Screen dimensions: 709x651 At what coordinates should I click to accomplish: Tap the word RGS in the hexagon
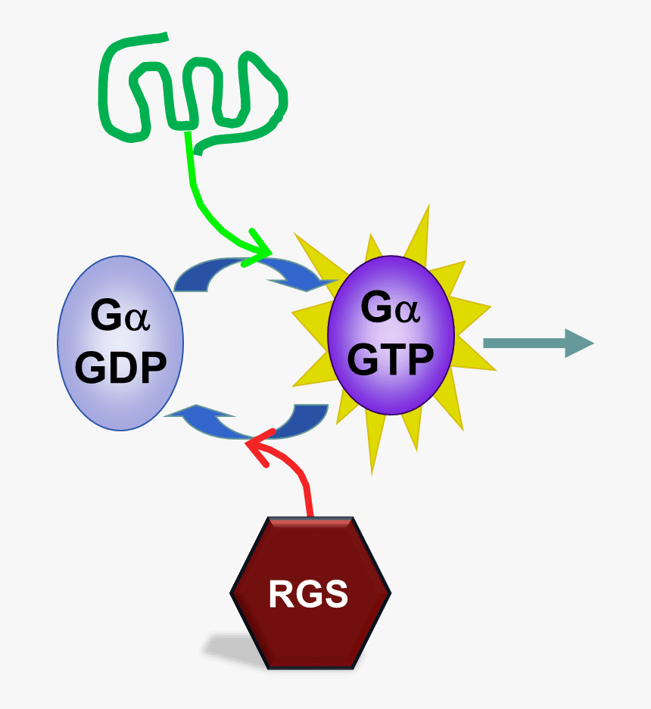point(308,595)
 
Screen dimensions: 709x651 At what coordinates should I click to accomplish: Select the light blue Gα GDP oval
point(120,393)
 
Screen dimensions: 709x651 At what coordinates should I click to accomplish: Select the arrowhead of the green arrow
point(261,249)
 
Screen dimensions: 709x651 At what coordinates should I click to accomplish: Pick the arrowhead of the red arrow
point(257,449)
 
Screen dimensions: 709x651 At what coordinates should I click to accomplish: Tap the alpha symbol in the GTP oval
point(407,310)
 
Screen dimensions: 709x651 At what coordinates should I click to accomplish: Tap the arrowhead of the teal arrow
point(579,343)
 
